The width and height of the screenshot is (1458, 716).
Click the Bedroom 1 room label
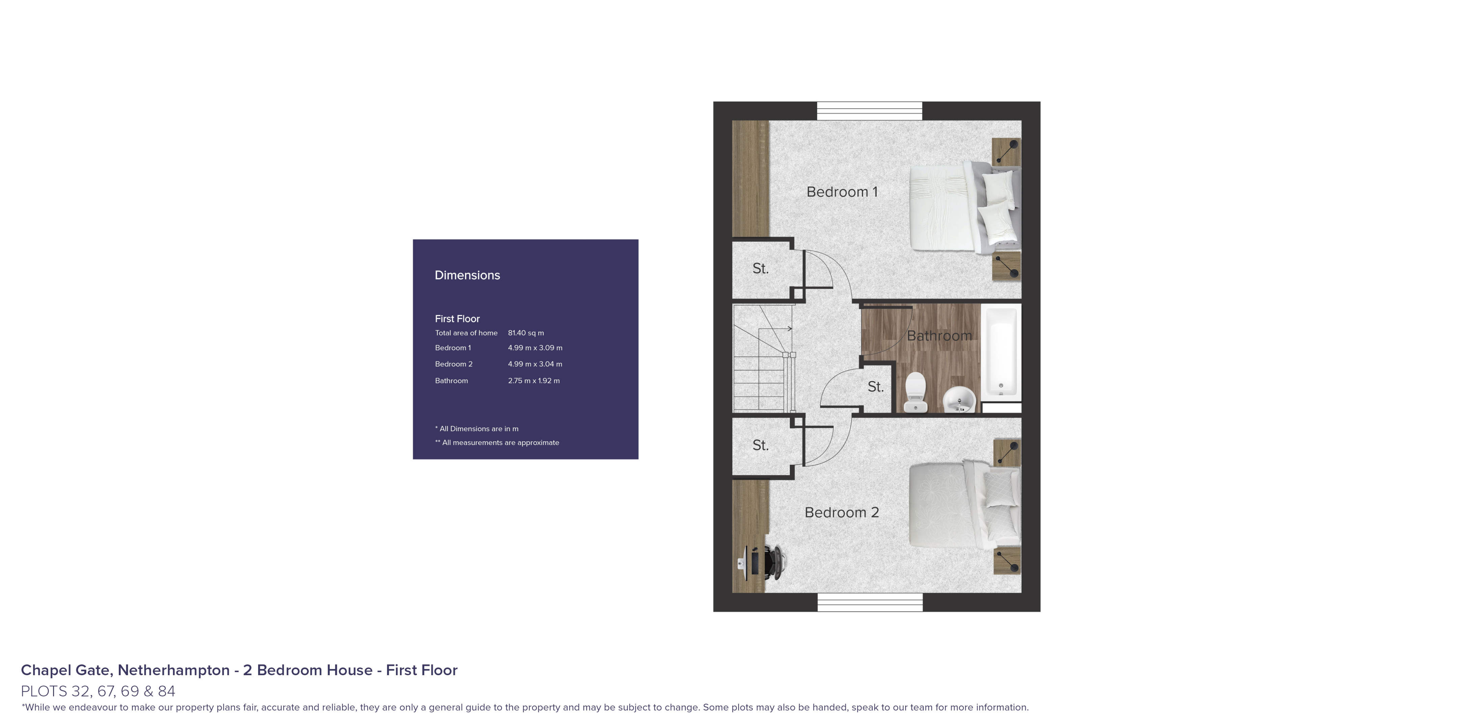842,192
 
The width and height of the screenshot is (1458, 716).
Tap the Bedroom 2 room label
842,512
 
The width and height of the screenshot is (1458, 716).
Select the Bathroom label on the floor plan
939,336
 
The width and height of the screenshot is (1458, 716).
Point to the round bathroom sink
960,399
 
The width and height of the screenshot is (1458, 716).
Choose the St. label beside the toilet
875,387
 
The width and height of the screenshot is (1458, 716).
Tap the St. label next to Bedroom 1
760,268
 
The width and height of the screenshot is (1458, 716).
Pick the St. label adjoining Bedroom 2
760,445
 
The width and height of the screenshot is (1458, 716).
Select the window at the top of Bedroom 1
869,111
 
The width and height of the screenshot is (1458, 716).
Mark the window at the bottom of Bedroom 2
870,602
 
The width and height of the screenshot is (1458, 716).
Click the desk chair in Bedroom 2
773,562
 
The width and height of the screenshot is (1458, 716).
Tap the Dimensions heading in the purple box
467,275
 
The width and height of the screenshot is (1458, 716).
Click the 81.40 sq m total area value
526,333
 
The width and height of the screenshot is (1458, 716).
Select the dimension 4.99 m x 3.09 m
535,348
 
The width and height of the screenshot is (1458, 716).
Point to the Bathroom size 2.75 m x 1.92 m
534,380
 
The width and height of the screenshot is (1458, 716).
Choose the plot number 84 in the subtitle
166,691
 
